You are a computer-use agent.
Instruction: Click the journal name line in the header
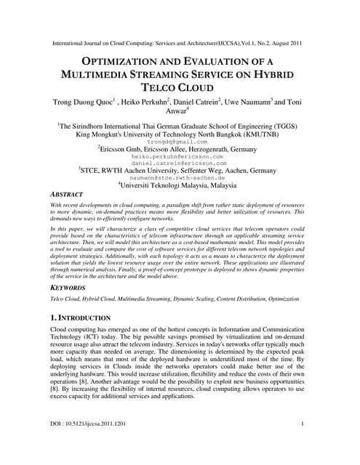click(x=179, y=43)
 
